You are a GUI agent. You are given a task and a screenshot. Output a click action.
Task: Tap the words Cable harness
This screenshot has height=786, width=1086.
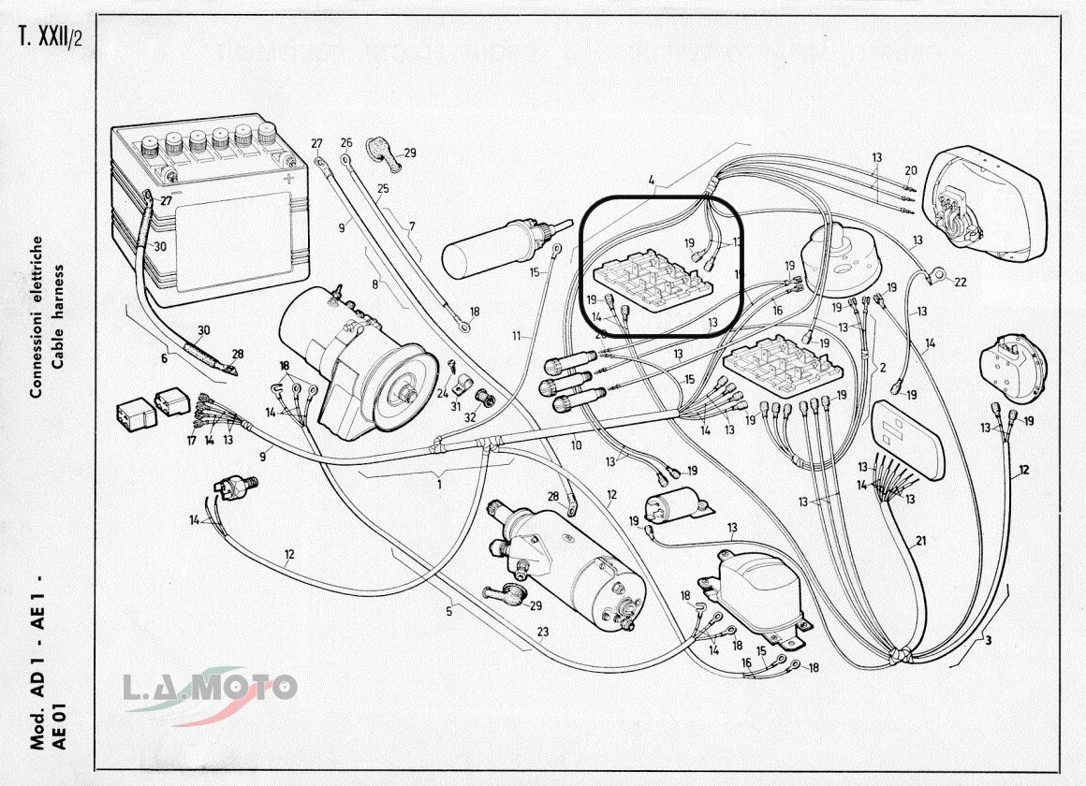pos(58,315)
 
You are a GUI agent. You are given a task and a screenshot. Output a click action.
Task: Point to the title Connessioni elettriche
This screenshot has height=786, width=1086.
pos(37,315)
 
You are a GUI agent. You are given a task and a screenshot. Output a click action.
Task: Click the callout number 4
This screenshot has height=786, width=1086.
pos(652,179)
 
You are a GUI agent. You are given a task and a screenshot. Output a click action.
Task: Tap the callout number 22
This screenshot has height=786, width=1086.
pos(961,281)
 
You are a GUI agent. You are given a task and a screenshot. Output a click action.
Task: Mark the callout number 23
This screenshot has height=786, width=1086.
pos(543,632)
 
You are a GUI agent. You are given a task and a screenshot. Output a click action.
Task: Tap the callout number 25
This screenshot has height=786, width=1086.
pos(383,189)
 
